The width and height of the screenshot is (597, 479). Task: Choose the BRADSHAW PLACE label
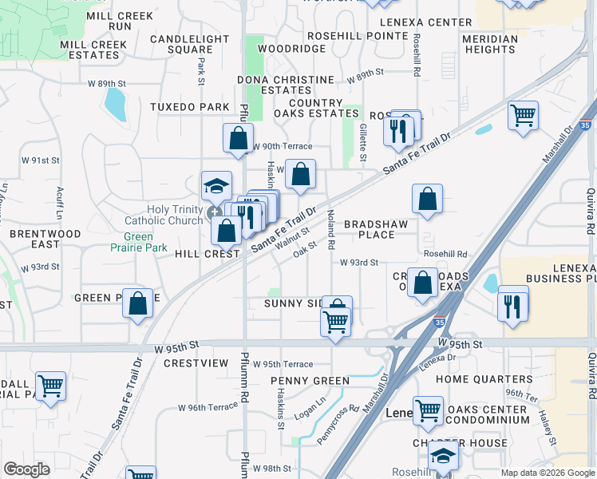375,229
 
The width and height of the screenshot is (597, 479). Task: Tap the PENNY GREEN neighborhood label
310,381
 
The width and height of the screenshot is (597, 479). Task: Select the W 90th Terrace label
283,146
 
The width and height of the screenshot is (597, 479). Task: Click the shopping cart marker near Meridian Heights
524,116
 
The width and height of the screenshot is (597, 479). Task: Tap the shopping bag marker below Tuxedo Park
239,139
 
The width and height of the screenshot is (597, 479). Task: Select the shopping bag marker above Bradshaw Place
428,200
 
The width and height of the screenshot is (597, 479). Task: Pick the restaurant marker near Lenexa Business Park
512,304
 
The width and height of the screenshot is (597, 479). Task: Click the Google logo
27,469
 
